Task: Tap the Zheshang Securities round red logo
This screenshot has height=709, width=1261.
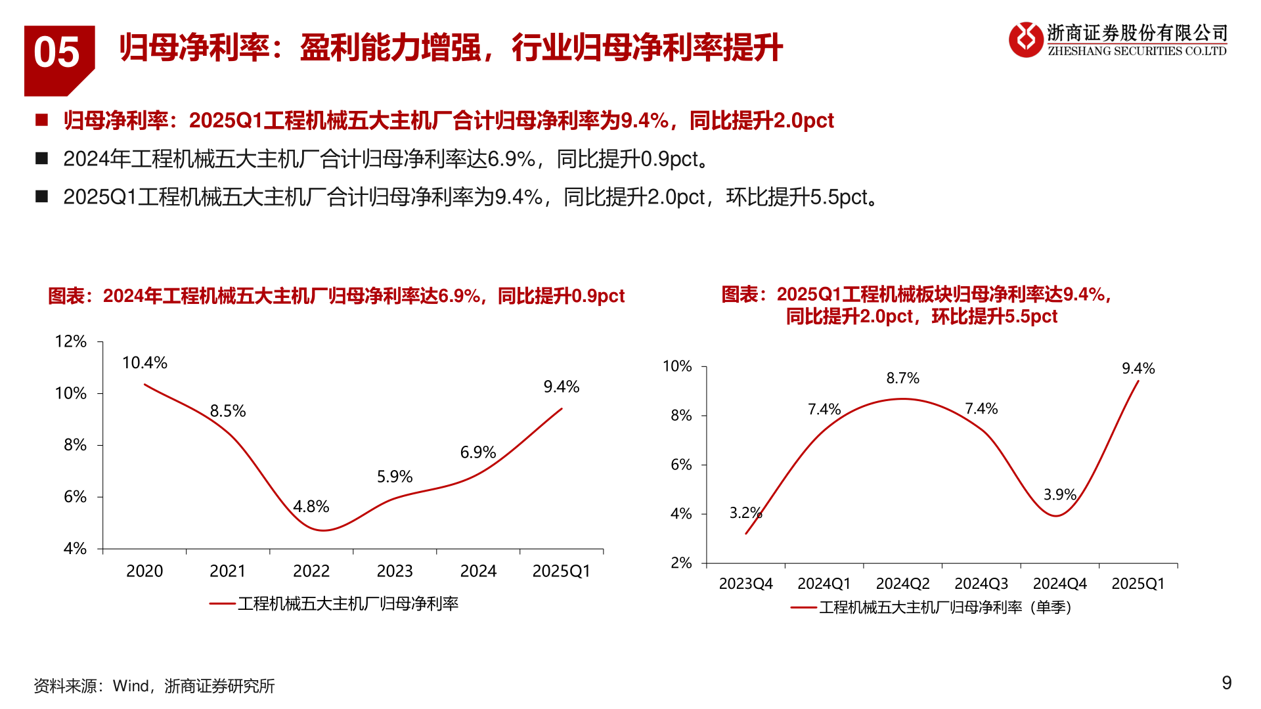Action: click(1025, 40)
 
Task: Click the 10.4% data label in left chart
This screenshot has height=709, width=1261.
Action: click(144, 363)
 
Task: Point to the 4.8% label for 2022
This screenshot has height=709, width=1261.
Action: click(311, 507)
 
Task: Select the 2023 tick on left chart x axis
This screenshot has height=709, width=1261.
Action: click(395, 571)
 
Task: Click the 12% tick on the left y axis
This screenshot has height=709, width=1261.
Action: click(71, 341)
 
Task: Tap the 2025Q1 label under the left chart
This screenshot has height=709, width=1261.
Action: click(561, 571)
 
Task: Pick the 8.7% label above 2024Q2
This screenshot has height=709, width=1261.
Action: click(902, 378)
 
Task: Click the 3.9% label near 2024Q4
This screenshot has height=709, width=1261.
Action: click(1059, 495)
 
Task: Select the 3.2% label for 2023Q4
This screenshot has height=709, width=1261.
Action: click(745, 513)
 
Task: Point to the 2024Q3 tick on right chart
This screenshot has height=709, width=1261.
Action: click(981, 584)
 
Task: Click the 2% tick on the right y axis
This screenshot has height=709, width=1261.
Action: click(681, 563)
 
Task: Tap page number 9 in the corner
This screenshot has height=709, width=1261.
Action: click(1226, 683)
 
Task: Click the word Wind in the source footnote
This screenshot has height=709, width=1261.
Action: click(131, 686)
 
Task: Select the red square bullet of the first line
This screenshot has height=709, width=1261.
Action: click(42, 120)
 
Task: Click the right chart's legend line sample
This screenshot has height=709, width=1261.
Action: click(803, 608)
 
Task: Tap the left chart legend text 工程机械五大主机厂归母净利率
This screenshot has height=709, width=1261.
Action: click(348, 604)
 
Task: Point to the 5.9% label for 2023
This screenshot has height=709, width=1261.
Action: click(394, 477)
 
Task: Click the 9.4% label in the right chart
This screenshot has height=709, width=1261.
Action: click(1138, 369)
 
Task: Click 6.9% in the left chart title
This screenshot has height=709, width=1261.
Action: click(459, 297)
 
